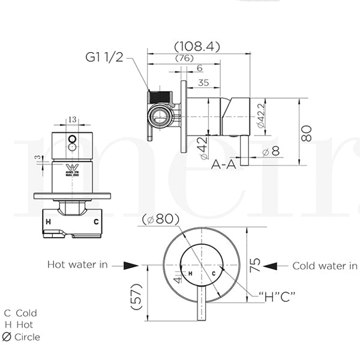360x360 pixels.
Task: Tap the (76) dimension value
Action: [x=184, y=58]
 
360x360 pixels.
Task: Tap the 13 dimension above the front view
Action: [x=72, y=119]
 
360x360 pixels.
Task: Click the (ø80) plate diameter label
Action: [x=161, y=219]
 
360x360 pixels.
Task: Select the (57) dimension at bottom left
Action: [x=136, y=297]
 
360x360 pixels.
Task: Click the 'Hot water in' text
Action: [x=86, y=265]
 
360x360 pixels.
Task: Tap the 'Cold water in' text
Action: [x=325, y=265]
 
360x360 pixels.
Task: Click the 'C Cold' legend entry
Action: [x=21, y=313]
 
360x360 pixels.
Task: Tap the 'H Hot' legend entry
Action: [x=19, y=325]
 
